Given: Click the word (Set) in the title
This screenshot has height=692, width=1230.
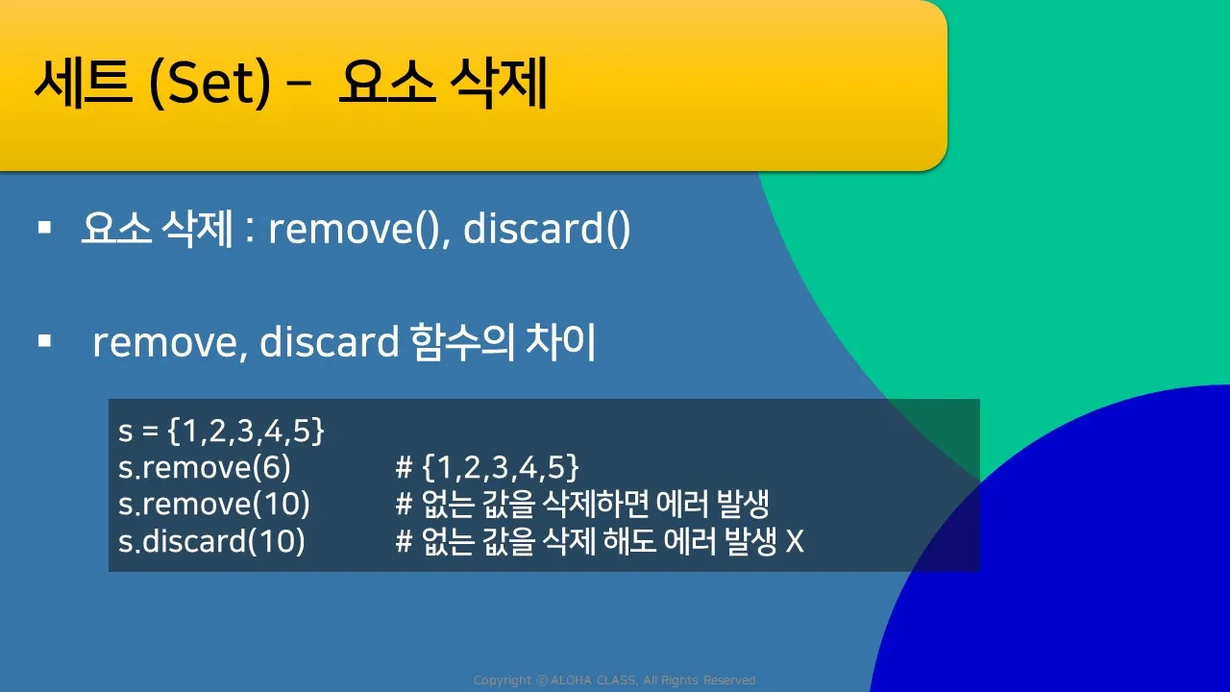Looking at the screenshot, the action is [x=209, y=83].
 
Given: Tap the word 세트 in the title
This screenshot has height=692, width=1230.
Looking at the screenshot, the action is [x=84, y=83].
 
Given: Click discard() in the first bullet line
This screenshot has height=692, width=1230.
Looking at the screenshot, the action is [x=547, y=229].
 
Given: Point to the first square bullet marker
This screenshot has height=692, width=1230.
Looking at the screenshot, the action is [x=44, y=228].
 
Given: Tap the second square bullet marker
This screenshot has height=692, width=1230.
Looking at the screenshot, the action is [x=44, y=341].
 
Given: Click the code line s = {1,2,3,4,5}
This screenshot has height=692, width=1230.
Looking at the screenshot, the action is [x=221, y=431].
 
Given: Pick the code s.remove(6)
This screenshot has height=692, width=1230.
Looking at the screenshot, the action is [x=205, y=467].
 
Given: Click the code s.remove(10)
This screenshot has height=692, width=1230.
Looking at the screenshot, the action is [x=214, y=505].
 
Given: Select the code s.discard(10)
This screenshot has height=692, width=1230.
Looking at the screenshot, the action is [x=211, y=541].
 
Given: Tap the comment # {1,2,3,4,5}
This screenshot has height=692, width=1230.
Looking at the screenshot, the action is [x=487, y=467].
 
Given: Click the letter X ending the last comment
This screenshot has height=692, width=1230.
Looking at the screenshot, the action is [x=795, y=541].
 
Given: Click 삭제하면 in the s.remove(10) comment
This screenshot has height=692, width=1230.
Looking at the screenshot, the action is [x=596, y=505].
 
